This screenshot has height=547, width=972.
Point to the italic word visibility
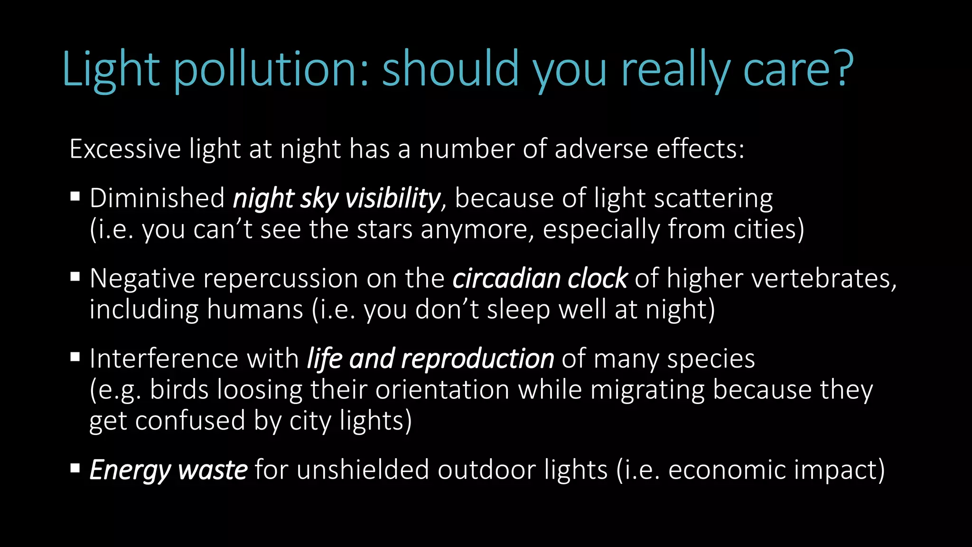pyautogui.click(x=393, y=198)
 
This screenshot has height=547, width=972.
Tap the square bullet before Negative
pyautogui.click(x=75, y=276)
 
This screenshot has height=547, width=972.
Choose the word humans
pyautogui.click(x=255, y=310)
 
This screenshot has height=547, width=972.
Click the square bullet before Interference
pyautogui.click(x=75, y=357)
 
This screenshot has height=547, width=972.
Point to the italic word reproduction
pyautogui.click(x=477, y=359)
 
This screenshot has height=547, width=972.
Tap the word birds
pyautogui.click(x=179, y=390)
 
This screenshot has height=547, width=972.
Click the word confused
pyautogui.click(x=190, y=421)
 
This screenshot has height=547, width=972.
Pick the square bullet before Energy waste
pyautogui.click(x=75, y=469)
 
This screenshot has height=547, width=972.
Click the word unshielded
pyautogui.click(x=363, y=470)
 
